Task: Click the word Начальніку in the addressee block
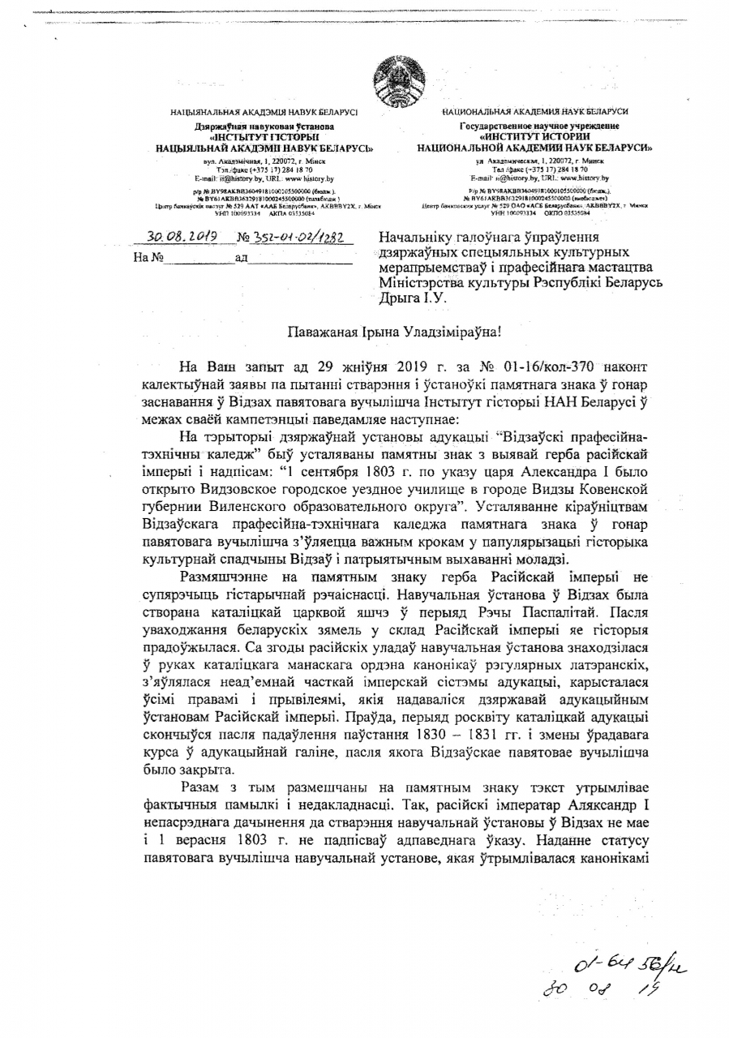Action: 420,238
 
